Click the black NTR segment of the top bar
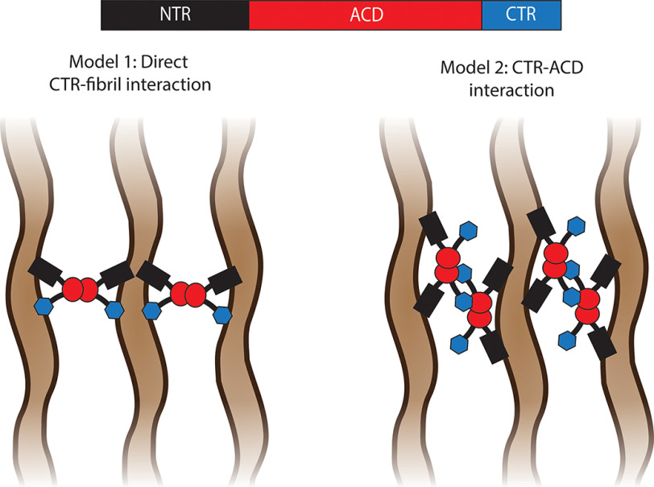(175, 15)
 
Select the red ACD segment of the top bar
(365, 15)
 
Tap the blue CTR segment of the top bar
(520, 15)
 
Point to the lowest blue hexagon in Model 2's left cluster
(459, 345)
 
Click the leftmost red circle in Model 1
(73, 287)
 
